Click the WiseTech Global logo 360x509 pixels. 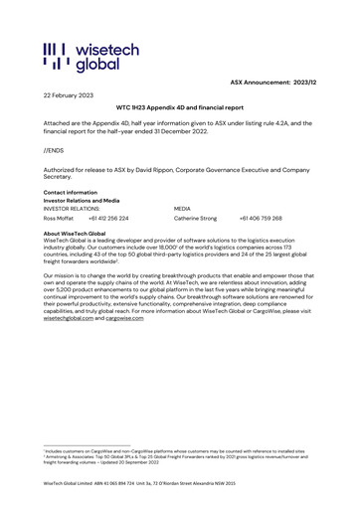pyautogui.click(x=90, y=58)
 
